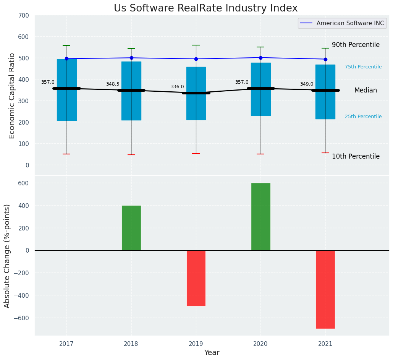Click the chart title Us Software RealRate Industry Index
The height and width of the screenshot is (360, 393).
coord(205,8)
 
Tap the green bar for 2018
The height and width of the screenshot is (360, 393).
coord(131,228)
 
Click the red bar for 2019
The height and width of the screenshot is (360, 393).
coord(196,278)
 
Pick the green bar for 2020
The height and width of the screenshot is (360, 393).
coord(260,217)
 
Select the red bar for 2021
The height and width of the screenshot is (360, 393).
coord(325,289)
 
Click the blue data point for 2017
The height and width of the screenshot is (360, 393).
coord(66,59)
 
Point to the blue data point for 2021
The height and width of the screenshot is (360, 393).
coord(325,59)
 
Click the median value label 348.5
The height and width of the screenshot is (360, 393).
coord(113,84)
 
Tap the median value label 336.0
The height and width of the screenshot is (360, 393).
coord(177,87)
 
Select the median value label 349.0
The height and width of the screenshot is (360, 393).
coord(307,84)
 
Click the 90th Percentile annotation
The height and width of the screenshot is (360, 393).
coord(356,45)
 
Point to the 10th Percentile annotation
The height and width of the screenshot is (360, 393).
coord(356,157)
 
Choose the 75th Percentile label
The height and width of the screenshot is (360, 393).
coord(363,67)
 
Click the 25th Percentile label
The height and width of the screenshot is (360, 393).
coord(363,117)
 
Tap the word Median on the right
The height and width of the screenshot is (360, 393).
coord(366,91)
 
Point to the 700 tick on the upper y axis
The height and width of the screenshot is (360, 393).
coord(23,16)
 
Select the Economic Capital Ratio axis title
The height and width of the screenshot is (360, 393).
coord(12,96)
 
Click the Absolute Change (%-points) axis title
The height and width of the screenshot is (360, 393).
coord(7,256)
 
